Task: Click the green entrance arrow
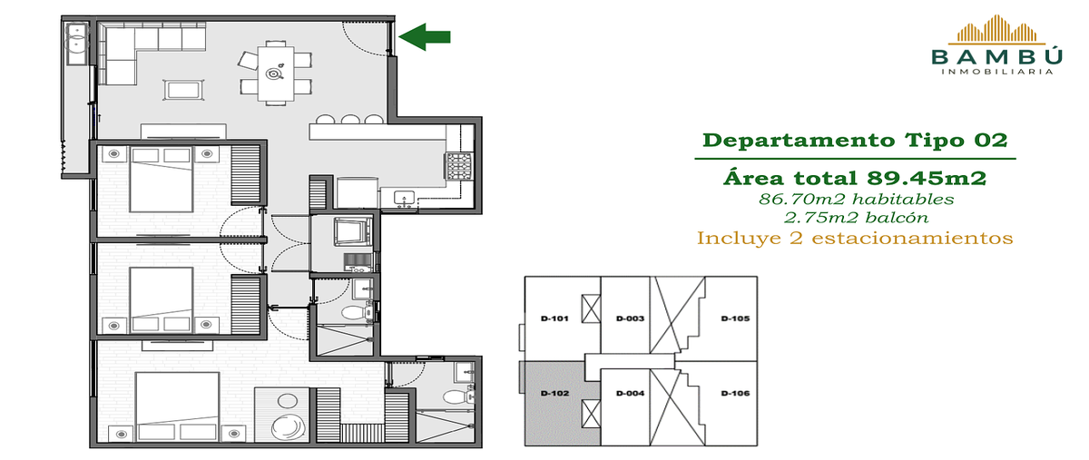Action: [x=425, y=37]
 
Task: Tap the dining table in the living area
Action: [x=276, y=73]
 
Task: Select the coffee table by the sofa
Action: [x=183, y=90]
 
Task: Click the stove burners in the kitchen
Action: [x=459, y=167]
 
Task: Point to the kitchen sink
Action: [x=405, y=199]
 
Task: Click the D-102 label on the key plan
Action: [x=554, y=393]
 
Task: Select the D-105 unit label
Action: [x=735, y=318]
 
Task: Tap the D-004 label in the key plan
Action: [x=630, y=393]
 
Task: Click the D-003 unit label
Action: [x=630, y=318]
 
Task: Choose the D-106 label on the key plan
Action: [x=735, y=393]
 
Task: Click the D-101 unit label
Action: [x=554, y=318]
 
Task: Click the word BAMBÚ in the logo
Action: [x=997, y=56]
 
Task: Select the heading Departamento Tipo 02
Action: [x=855, y=141]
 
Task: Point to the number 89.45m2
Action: [x=927, y=178]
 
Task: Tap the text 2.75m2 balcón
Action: [x=856, y=218]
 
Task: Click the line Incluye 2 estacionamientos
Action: [x=855, y=239]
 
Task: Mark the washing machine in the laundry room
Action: [x=353, y=232]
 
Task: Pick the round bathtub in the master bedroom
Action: [x=289, y=428]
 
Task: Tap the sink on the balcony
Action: [x=77, y=37]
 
